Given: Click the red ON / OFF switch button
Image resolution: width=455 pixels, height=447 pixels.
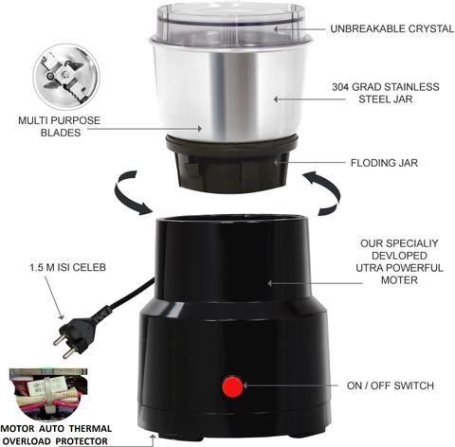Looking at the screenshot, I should click(x=231, y=386).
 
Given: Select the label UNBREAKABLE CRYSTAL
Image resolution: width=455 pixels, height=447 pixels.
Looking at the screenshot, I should click(x=390, y=29).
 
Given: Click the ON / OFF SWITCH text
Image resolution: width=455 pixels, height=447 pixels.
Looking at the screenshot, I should click(x=390, y=385).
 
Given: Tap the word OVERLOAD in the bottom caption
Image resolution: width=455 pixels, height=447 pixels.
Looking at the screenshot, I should click(x=32, y=439).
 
